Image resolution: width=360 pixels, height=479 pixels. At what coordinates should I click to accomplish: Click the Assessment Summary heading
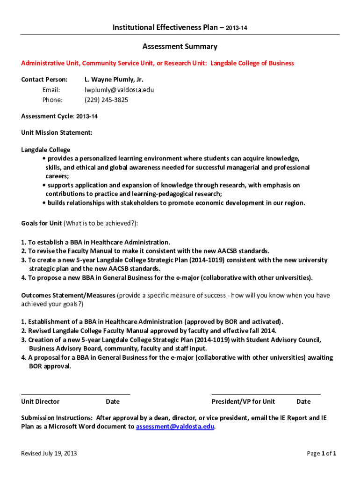(180, 46)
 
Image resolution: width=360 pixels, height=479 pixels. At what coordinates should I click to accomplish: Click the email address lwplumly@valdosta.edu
(119, 90)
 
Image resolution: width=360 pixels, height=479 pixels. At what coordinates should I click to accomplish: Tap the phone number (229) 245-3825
(106, 100)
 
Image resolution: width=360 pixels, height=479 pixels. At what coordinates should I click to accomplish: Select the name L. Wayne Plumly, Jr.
(114, 80)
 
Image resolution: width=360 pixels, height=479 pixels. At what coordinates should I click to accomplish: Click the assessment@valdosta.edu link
(175, 427)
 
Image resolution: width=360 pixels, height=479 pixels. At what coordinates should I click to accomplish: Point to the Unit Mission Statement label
(57, 133)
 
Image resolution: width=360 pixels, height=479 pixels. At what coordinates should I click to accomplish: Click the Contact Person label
(44, 80)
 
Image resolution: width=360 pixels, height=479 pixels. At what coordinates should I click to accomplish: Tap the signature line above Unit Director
(75, 394)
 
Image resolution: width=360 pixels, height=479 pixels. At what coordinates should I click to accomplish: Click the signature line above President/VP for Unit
(266, 394)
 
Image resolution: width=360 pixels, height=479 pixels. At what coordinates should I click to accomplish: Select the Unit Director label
(40, 401)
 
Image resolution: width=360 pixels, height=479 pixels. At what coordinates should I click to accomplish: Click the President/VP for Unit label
(243, 401)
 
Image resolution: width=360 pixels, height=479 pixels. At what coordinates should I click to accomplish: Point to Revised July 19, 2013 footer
(49, 453)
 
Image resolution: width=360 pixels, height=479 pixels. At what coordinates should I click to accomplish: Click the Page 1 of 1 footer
(322, 453)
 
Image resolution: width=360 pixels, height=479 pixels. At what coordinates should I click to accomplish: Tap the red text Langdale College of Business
(252, 63)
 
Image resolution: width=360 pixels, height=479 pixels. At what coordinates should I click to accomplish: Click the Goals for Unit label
(42, 223)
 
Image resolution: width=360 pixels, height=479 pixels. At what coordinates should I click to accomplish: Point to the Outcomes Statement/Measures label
(68, 295)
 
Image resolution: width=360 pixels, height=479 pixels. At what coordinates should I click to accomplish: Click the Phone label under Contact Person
(52, 100)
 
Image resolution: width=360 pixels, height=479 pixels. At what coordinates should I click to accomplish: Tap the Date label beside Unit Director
(113, 401)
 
